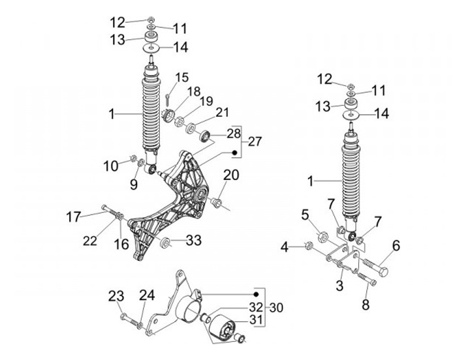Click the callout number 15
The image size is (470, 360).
181,77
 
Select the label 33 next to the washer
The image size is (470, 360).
193,241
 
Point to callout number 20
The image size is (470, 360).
231,174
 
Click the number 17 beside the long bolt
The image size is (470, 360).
74,214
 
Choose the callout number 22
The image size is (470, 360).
89,241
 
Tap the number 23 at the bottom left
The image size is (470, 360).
116,297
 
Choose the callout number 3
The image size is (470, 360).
339,286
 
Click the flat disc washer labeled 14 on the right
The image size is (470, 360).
354,114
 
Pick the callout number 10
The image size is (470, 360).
111,166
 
